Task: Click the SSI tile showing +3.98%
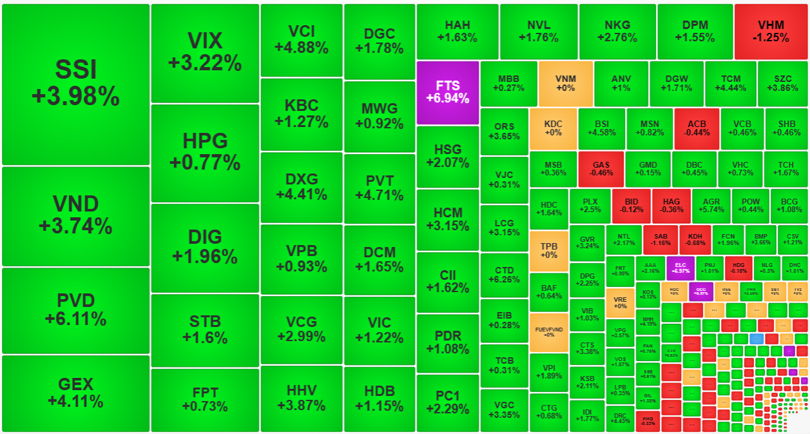75,84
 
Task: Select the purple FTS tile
447,92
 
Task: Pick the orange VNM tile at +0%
565,83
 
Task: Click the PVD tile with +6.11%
75,310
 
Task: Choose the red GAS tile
601,168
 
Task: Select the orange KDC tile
553,128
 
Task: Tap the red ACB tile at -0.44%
697,128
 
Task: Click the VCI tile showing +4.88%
301,40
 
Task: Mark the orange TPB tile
548,250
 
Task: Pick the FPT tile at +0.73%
205,399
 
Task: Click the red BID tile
631,205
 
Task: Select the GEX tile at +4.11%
75,393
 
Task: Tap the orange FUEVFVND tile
548,332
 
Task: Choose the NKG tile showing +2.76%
617,32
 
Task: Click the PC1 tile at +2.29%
447,402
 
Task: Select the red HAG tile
671,205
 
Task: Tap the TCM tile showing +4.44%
730,83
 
